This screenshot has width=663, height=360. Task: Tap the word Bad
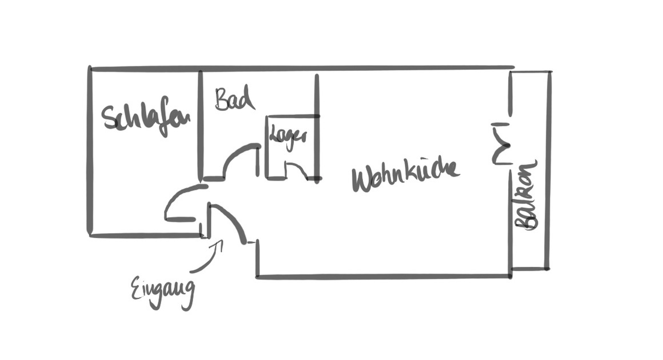click(x=235, y=99)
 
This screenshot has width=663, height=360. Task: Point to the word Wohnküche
click(x=405, y=174)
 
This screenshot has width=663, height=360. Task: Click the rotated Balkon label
click(x=526, y=195)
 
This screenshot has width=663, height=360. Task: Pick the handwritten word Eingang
click(x=163, y=293)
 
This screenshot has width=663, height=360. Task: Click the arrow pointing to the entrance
click(x=207, y=257)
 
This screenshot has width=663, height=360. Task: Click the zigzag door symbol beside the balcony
click(x=501, y=144)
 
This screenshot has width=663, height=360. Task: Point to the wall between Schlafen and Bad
click(x=201, y=125)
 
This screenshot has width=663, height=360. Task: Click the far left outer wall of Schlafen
click(x=90, y=150)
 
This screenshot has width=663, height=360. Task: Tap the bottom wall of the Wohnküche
click(x=383, y=277)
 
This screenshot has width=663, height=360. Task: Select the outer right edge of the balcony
click(x=549, y=170)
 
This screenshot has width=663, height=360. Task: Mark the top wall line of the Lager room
click(x=292, y=116)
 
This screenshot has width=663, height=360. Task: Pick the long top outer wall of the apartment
click(x=302, y=68)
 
